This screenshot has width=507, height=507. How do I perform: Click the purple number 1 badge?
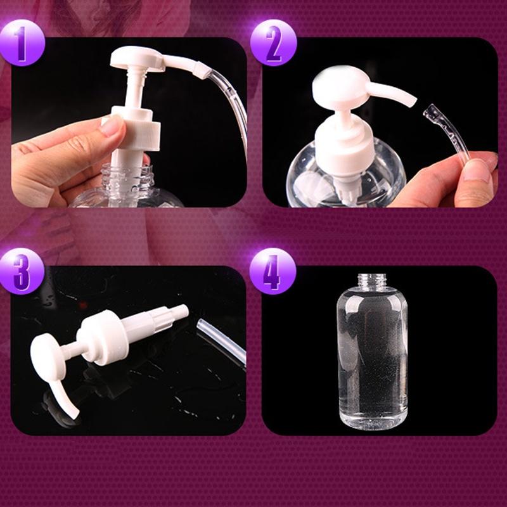22,42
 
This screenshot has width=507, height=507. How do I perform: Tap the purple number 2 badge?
273,42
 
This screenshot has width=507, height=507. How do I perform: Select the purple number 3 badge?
22,271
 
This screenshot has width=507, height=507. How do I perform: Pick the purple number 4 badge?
273,271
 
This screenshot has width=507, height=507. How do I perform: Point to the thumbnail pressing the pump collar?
112,125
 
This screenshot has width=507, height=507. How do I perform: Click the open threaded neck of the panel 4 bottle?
372,281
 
